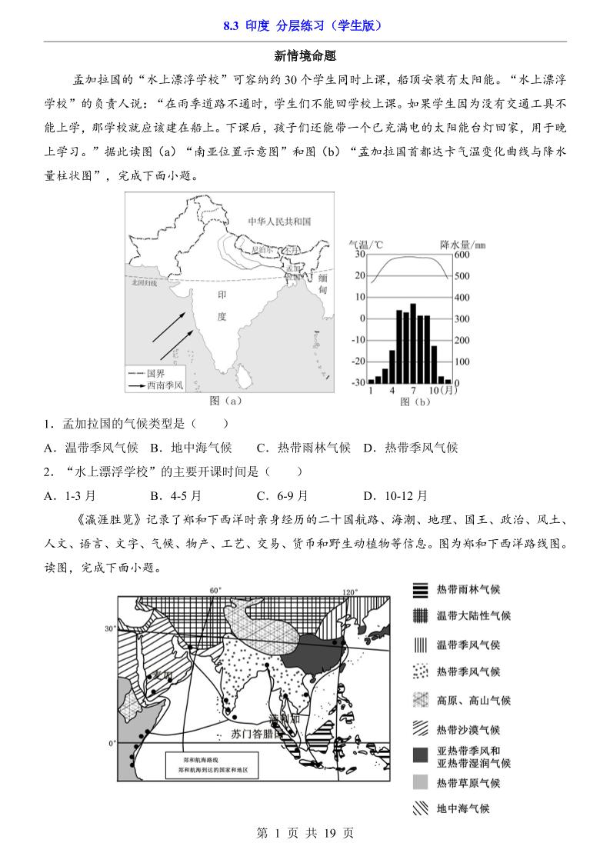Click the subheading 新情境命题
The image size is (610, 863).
[305, 56]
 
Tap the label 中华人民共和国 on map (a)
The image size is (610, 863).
[278, 222]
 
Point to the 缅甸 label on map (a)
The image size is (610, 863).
[323, 284]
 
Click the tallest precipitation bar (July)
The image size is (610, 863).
[413, 343]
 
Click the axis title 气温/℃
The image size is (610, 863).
[366, 245]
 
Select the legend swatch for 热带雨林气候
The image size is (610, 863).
[420, 590]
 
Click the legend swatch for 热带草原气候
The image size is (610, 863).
[420, 783]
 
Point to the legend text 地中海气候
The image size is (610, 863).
[463, 808]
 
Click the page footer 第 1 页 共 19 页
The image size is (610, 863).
[305, 833]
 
